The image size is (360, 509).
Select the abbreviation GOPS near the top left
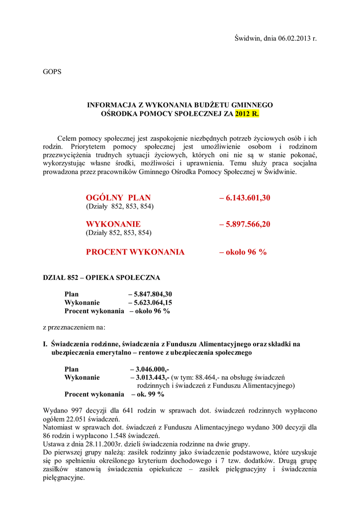click(x=52, y=72)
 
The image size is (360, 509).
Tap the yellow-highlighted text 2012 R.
click(x=247, y=113)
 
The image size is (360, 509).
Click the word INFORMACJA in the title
click(x=111, y=105)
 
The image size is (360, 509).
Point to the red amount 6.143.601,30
click(x=248, y=197)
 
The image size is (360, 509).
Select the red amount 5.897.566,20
click(x=248, y=224)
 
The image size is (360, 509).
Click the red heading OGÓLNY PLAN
click(x=118, y=197)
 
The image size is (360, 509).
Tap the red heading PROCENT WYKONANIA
click(x=135, y=252)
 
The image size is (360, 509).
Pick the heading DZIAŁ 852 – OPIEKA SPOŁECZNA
click(x=101, y=277)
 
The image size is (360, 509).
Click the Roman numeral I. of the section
click(x=45, y=344)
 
